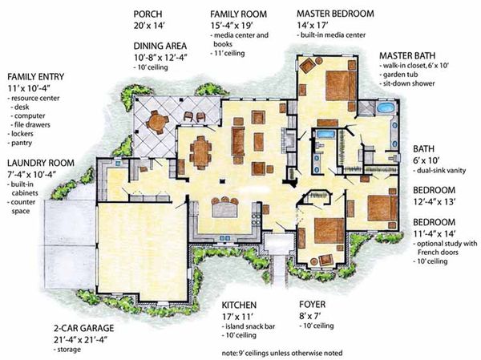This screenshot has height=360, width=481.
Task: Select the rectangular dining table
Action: point(200,152)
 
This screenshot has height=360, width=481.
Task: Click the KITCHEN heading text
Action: point(239,305)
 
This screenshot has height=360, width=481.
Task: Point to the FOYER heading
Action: point(312,305)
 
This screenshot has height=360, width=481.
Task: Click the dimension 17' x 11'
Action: point(239,318)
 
